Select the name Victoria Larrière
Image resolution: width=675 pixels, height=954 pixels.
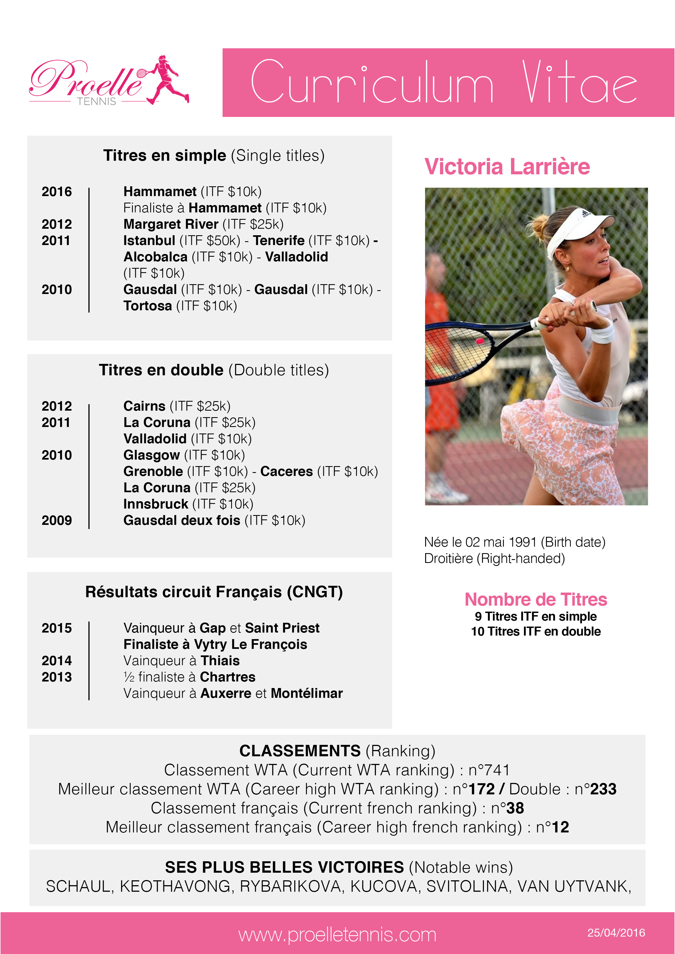point(507,167)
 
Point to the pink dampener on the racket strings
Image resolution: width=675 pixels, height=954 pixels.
point(480,341)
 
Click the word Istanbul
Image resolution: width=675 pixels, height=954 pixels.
point(149,241)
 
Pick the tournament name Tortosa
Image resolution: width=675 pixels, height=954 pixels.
point(148,306)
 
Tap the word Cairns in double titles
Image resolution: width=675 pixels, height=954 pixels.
point(144,406)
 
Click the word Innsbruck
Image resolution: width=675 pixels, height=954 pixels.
point(155,504)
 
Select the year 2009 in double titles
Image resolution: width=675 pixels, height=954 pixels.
point(57,520)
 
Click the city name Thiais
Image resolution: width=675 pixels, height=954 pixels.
point(220,661)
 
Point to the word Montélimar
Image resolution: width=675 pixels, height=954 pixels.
point(306,693)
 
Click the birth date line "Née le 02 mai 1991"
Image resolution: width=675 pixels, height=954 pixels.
point(481,542)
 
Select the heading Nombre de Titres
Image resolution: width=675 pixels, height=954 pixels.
point(536,600)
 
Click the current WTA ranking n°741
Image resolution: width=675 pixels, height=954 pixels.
point(489,770)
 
